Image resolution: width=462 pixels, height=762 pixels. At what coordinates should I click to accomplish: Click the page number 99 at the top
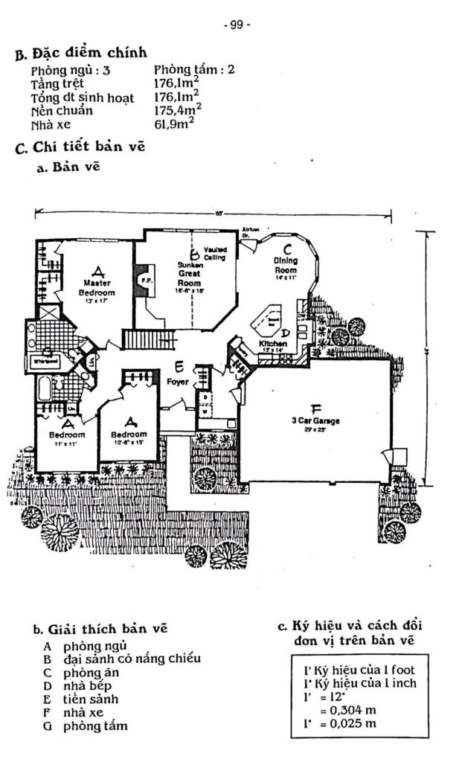tap(237, 24)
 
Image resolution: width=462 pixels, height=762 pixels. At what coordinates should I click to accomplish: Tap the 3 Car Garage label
tap(315, 421)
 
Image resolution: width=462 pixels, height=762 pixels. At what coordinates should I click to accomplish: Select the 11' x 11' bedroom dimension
tap(66, 444)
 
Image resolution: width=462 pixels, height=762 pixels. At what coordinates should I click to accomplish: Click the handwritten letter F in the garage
tap(315, 408)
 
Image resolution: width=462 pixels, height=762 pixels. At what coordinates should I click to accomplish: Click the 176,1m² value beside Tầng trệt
tap(176, 84)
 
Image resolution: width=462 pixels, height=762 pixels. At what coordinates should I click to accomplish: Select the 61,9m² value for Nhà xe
tap(174, 124)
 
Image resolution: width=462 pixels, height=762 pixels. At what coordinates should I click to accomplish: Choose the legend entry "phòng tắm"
tap(95, 726)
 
